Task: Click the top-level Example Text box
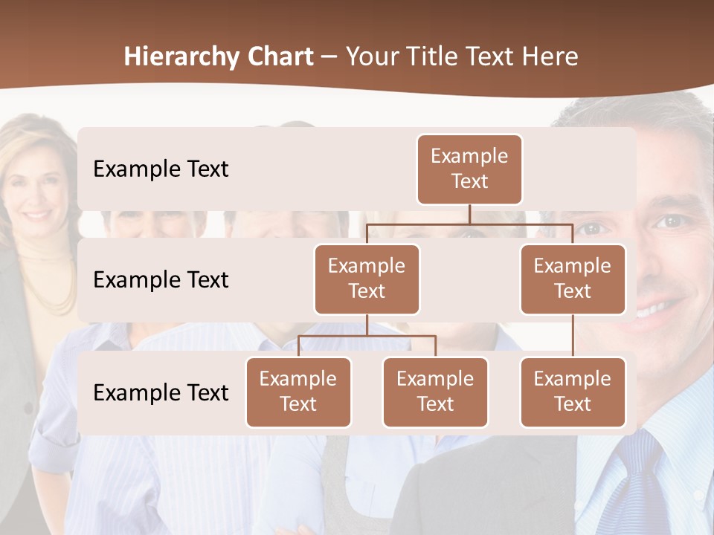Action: point(469,169)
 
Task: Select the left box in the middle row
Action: point(367,279)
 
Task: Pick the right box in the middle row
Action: point(573,279)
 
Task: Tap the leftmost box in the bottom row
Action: point(298,392)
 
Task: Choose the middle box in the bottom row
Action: point(435,392)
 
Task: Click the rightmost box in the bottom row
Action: point(573,392)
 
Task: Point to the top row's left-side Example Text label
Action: point(161,169)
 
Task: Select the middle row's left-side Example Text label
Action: point(161,280)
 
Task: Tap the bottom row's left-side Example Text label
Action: point(161,392)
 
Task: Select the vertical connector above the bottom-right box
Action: point(573,336)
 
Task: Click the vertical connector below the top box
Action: point(469,214)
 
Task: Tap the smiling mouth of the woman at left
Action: point(37,215)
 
